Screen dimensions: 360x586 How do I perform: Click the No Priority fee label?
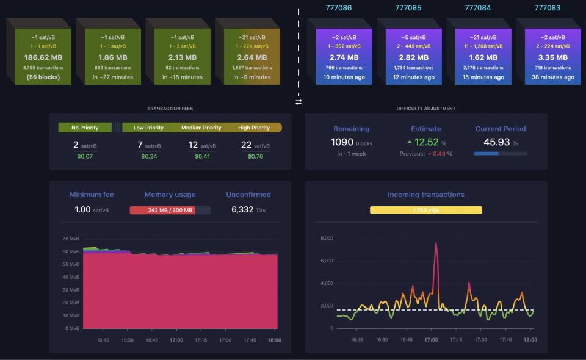(84, 128)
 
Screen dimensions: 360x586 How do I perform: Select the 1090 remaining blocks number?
(342, 142)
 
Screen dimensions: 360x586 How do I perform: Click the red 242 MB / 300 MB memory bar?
(170, 210)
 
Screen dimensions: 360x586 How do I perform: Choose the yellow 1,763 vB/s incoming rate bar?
(425, 210)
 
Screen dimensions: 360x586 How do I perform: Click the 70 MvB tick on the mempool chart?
(71, 238)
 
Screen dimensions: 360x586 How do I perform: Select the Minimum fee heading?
(92, 195)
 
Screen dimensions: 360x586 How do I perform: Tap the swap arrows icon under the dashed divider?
(298, 102)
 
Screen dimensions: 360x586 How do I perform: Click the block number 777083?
(547, 8)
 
